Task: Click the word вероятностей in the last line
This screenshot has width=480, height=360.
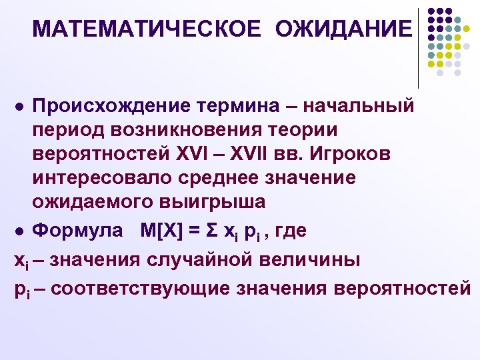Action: click(x=406, y=288)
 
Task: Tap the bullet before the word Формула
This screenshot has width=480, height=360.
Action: click(x=20, y=231)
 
